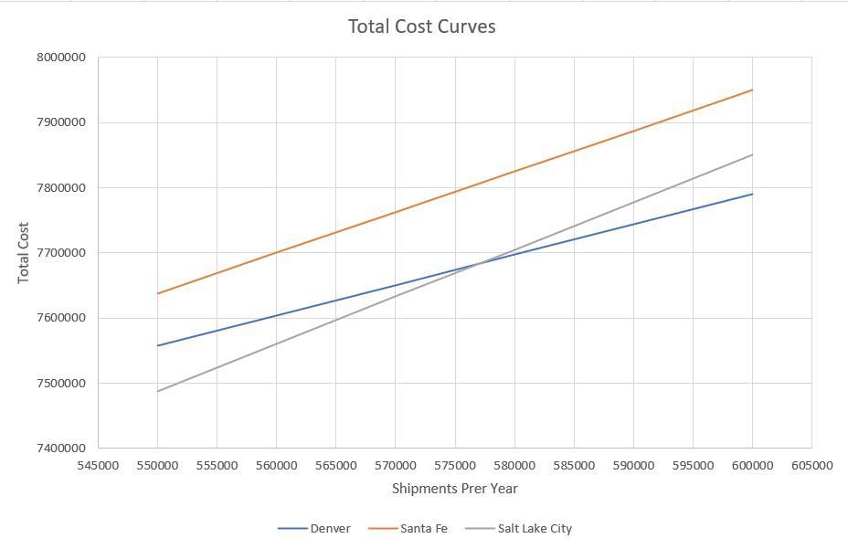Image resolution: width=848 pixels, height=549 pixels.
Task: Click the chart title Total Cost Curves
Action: [421, 26]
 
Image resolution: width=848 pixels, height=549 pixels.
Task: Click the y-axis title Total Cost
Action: [24, 253]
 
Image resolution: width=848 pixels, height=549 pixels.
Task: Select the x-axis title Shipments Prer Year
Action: [454, 489]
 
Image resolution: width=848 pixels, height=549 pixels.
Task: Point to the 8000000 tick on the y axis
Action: [61, 58]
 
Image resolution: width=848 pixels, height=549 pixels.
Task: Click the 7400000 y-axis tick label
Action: [61, 449]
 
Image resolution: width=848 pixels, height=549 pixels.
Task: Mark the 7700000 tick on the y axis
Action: [61, 253]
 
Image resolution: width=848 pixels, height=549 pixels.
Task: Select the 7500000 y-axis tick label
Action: [61, 384]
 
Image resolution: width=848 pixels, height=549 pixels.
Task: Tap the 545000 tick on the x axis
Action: [98, 465]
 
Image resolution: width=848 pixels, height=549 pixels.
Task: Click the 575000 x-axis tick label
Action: [455, 465]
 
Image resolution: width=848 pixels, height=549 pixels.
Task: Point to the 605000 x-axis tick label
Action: [811, 465]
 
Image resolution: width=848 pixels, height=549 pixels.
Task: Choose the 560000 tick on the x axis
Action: [276, 465]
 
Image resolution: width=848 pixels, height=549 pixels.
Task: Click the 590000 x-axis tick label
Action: [633, 465]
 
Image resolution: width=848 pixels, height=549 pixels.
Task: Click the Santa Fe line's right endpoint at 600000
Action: [752, 90]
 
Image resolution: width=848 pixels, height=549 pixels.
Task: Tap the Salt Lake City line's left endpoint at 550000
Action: [157, 392]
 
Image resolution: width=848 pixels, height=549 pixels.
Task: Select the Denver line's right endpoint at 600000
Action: [752, 194]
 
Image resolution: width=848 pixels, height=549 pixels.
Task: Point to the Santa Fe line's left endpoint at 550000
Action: [157, 294]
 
